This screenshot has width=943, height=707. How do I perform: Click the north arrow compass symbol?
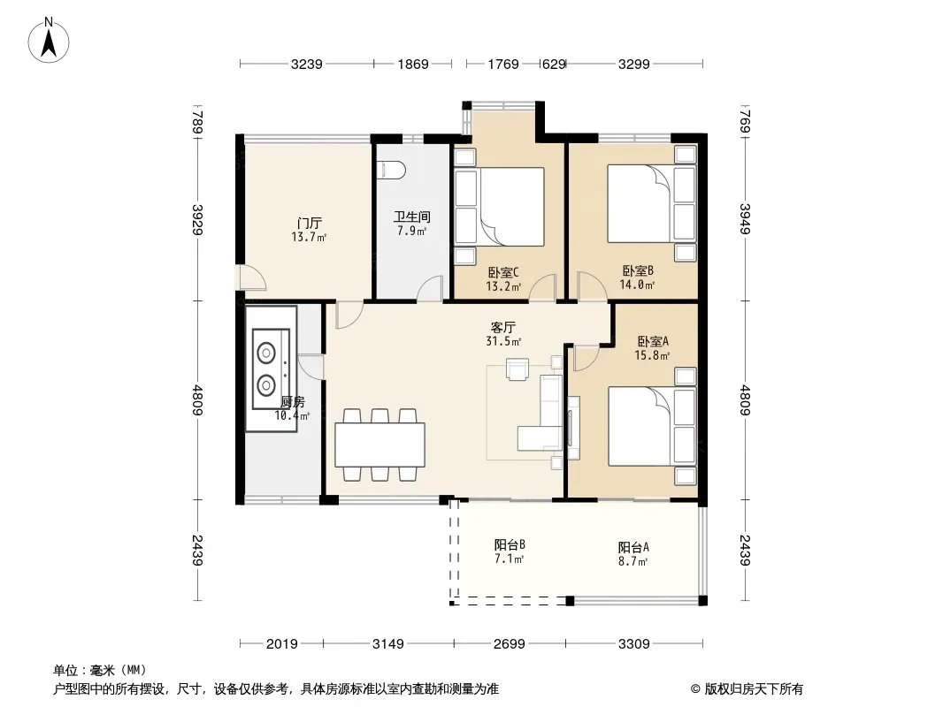pyautogui.click(x=49, y=41)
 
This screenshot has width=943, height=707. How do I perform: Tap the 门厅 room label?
pyautogui.click(x=309, y=223)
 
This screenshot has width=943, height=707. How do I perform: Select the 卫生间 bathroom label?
pyautogui.click(x=412, y=217)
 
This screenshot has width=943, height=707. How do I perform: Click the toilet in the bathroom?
pyautogui.click(x=391, y=170)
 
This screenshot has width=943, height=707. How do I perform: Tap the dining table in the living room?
pyautogui.click(x=379, y=445)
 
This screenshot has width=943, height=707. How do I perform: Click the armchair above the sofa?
pyautogui.click(x=517, y=369)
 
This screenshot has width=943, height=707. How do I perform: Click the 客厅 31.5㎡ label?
pyautogui.click(x=503, y=334)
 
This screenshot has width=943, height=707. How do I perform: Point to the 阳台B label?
pyautogui.click(x=510, y=544)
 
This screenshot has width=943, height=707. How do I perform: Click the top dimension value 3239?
pyautogui.click(x=307, y=65)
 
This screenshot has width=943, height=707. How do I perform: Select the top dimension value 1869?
pyautogui.click(x=413, y=65)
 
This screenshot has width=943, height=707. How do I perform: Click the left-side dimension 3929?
pyautogui.click(x=198, y=220)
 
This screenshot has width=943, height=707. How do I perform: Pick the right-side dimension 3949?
pyautogui.click(x=745, y=219)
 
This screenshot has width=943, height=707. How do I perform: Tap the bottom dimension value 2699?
pyautogui.click(x=510, y=644)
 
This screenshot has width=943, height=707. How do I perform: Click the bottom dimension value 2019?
pyautogui.click(x=282, y=644)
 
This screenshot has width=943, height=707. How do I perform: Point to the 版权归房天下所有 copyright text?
pyautogui.click(x=754, y=689)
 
